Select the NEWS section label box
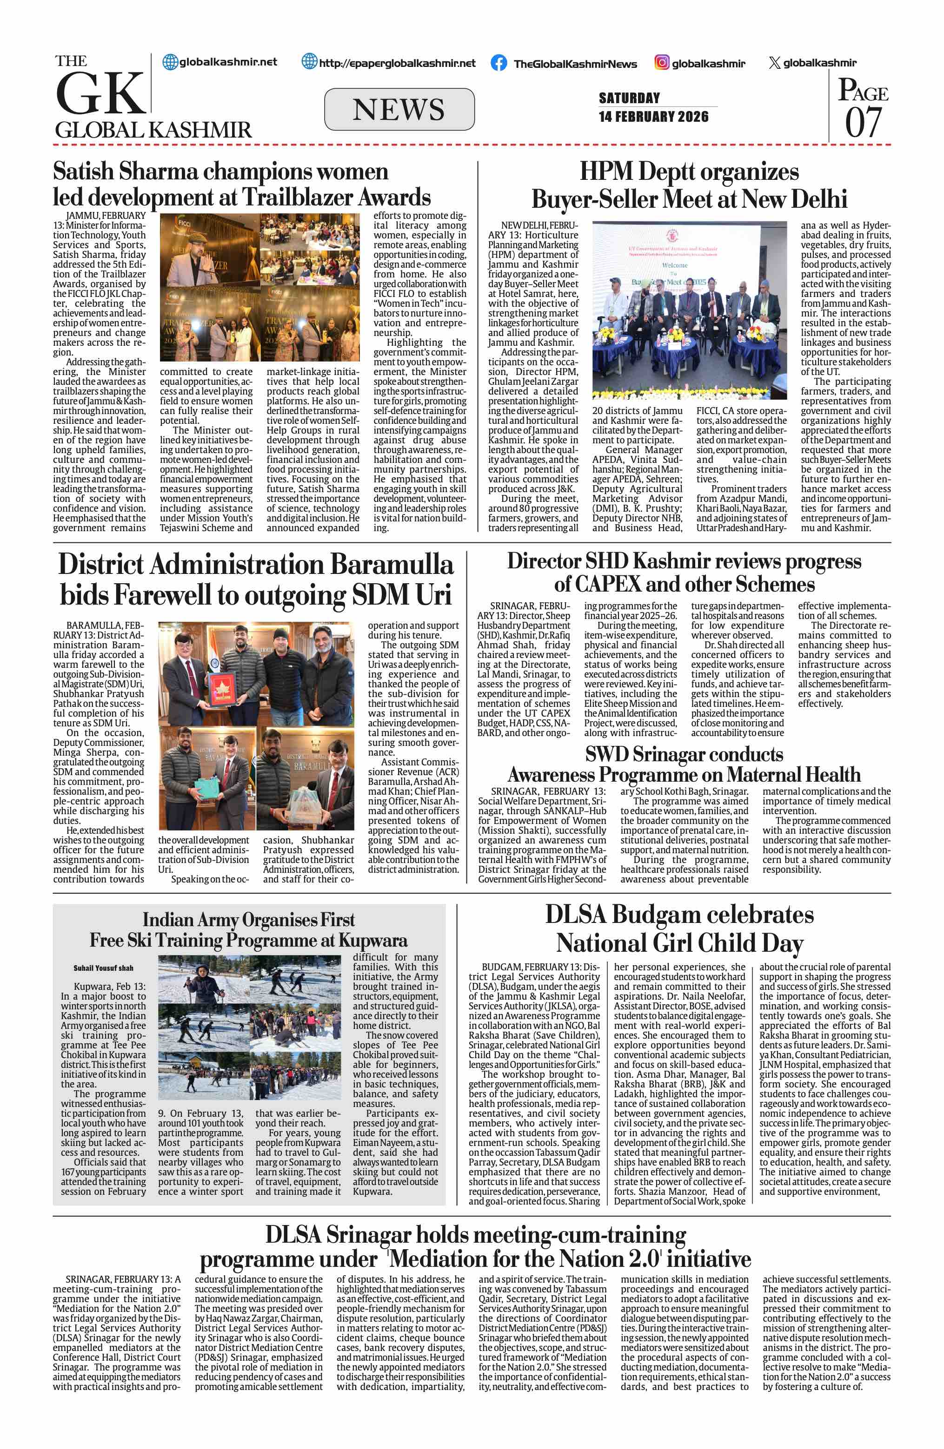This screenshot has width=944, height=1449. tap(399, 110)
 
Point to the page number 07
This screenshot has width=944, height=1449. tap(863, 122)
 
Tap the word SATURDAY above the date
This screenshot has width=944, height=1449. tap(629, 98)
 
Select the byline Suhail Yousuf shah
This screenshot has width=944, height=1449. tap(104, 968)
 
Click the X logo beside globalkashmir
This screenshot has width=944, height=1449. tap(774, 63)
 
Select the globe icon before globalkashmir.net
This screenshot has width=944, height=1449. tap(170, 62)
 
